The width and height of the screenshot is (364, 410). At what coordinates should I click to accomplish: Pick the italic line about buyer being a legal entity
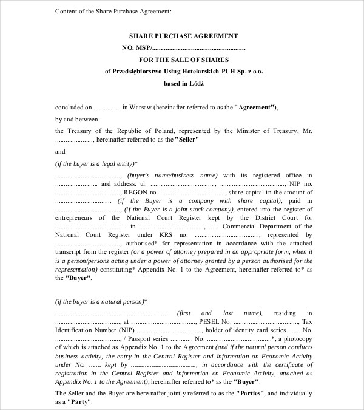[x=96, y=163]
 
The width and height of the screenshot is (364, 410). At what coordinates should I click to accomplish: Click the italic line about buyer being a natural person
[x=101, y=301]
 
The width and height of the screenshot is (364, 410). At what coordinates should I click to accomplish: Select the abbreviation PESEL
[x=211, y=321]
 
